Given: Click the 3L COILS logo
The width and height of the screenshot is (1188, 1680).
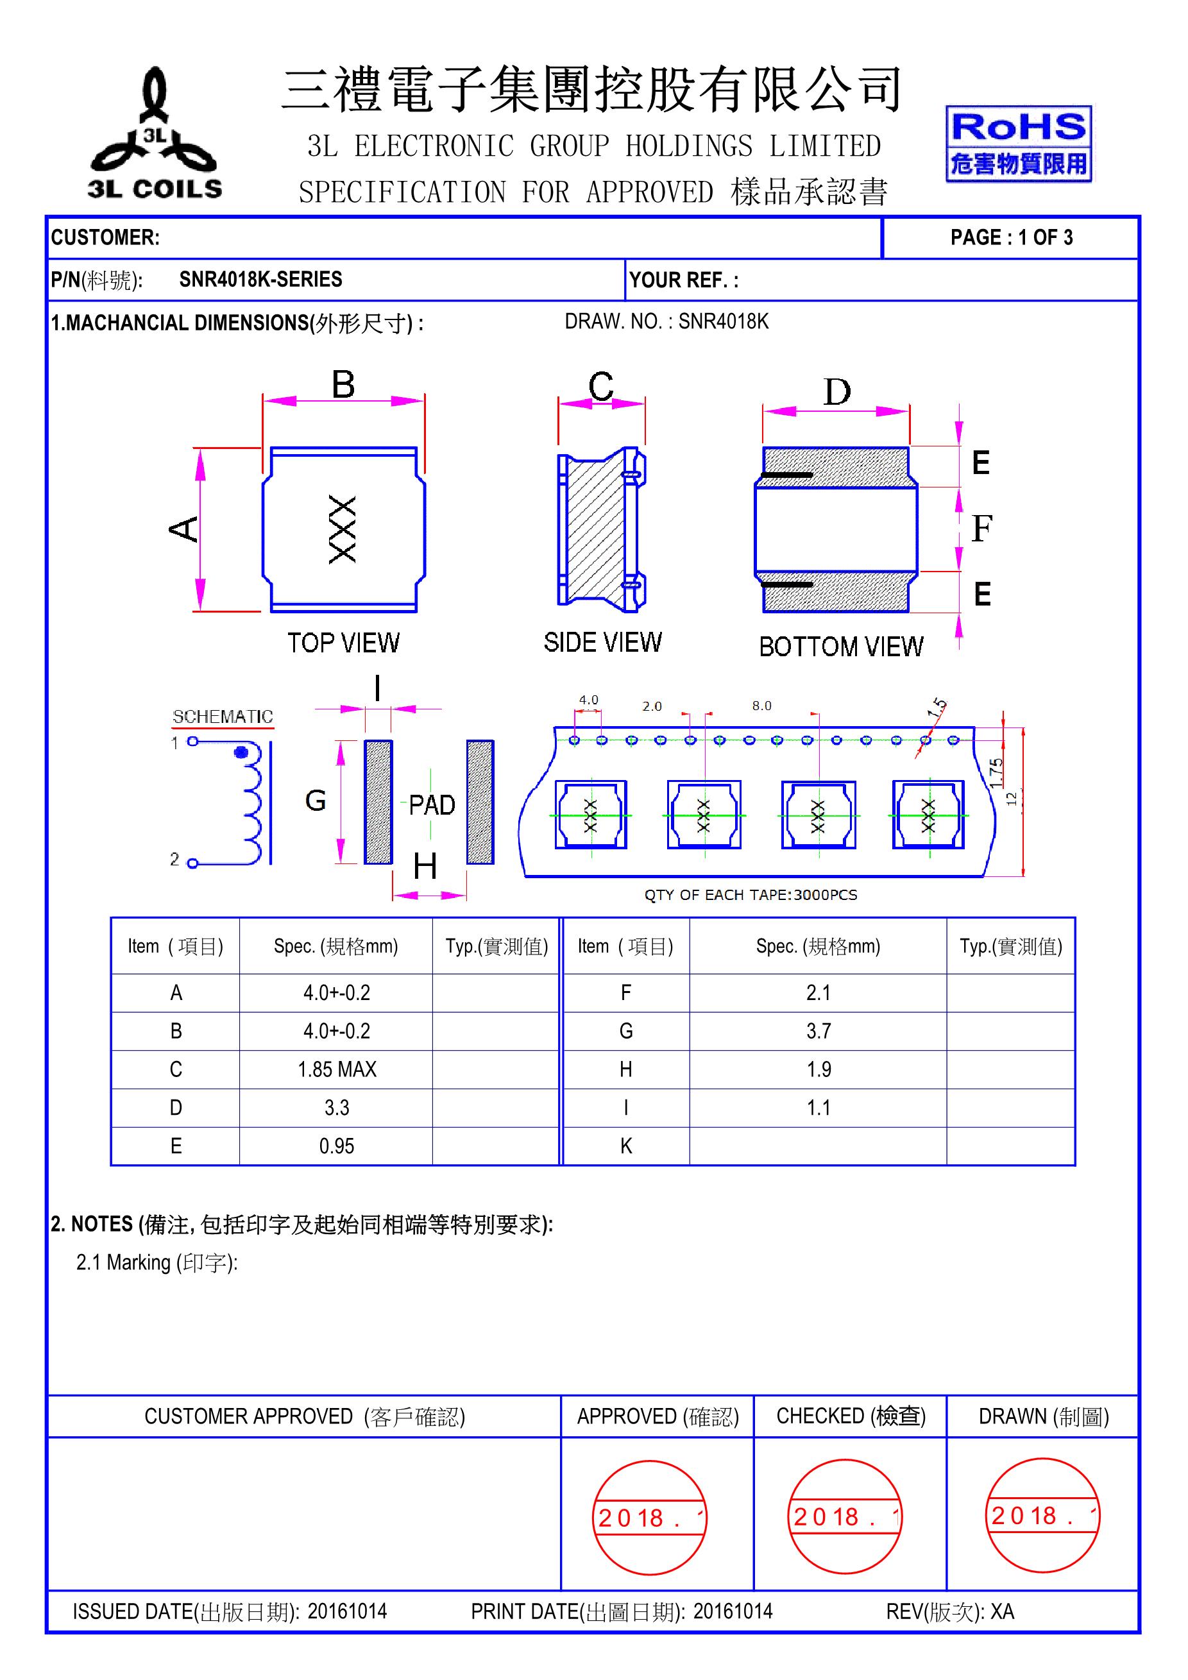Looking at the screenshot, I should coord(155,135).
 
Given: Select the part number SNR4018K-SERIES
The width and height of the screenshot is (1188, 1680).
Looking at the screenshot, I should coord(260,280).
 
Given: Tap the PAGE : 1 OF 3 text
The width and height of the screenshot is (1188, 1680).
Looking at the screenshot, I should coord(1011,237).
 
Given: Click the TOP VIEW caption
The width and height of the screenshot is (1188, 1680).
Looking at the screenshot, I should coord(343,643).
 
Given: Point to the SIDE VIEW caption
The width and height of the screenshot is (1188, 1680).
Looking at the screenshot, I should coord(602,643).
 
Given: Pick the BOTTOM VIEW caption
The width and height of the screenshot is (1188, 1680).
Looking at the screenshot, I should coord(840,647).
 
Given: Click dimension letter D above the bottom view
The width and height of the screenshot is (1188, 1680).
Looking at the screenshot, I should coord(837,393).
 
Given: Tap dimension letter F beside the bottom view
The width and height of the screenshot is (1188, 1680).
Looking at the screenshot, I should coord(981,529).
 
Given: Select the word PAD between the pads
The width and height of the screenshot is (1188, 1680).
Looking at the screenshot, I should coord(432,805).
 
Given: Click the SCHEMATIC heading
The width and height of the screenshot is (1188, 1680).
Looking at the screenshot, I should coord(223,717).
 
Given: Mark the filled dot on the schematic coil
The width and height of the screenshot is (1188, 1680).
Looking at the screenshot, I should coord(240,752).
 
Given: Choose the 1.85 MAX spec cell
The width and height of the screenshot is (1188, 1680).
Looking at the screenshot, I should coord(337,1070).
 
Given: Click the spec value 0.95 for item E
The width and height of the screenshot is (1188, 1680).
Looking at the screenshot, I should coord(337,1146).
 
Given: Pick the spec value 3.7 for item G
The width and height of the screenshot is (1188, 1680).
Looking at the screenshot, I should coord(818,1031).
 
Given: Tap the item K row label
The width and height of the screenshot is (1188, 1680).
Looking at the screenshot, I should coord(625,1146).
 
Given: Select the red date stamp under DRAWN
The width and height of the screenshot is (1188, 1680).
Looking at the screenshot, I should coord(1042,1515).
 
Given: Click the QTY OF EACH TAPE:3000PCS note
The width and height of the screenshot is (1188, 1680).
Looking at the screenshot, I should coord(750,895).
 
